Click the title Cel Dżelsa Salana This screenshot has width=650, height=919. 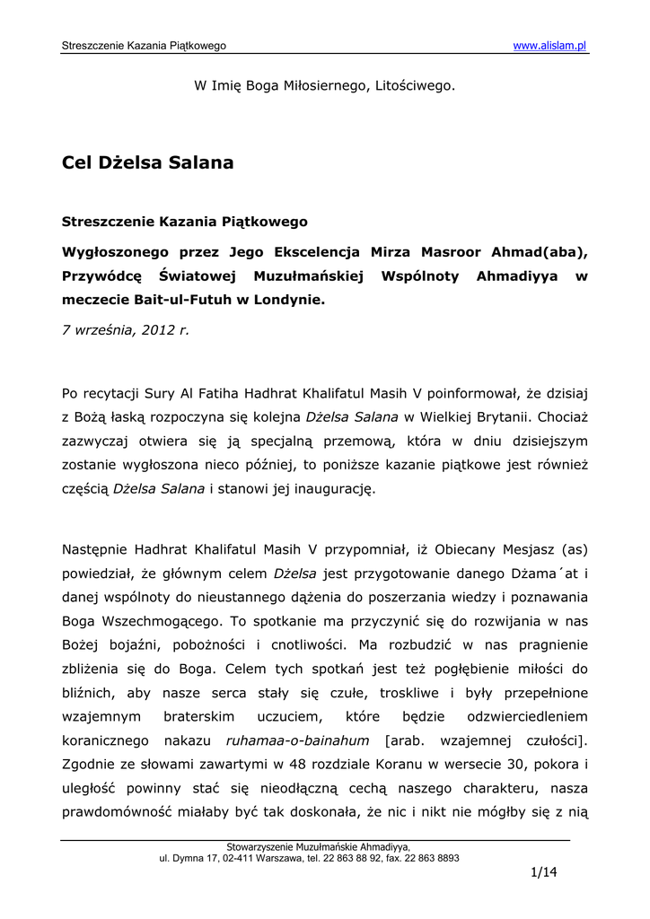pyautogui.click(x=148, y=162)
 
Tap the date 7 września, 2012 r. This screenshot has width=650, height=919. pyautogui.click(x=126, y=329)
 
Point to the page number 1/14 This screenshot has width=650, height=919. pyautogui.click(x=544, y=872)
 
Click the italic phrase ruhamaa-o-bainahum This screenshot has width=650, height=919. pyautogui.click(x=298, y=740)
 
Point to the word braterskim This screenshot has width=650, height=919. pyautogui.click(x=199, y=717)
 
